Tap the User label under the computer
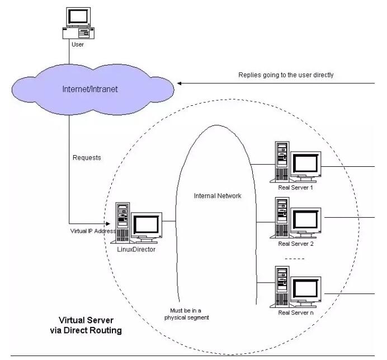[78, 44]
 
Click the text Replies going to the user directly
[286, 74]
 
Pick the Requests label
[87, 158]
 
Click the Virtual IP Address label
[92, 231]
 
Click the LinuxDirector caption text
[136, 250]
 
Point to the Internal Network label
[218, 196]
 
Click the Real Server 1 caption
[296, 188]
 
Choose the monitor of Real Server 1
[306, 163]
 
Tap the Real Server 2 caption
[296, 244]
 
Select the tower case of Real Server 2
[282, 218]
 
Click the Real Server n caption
[296, 312]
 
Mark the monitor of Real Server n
[306, 288]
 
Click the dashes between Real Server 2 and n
[295, 259]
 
